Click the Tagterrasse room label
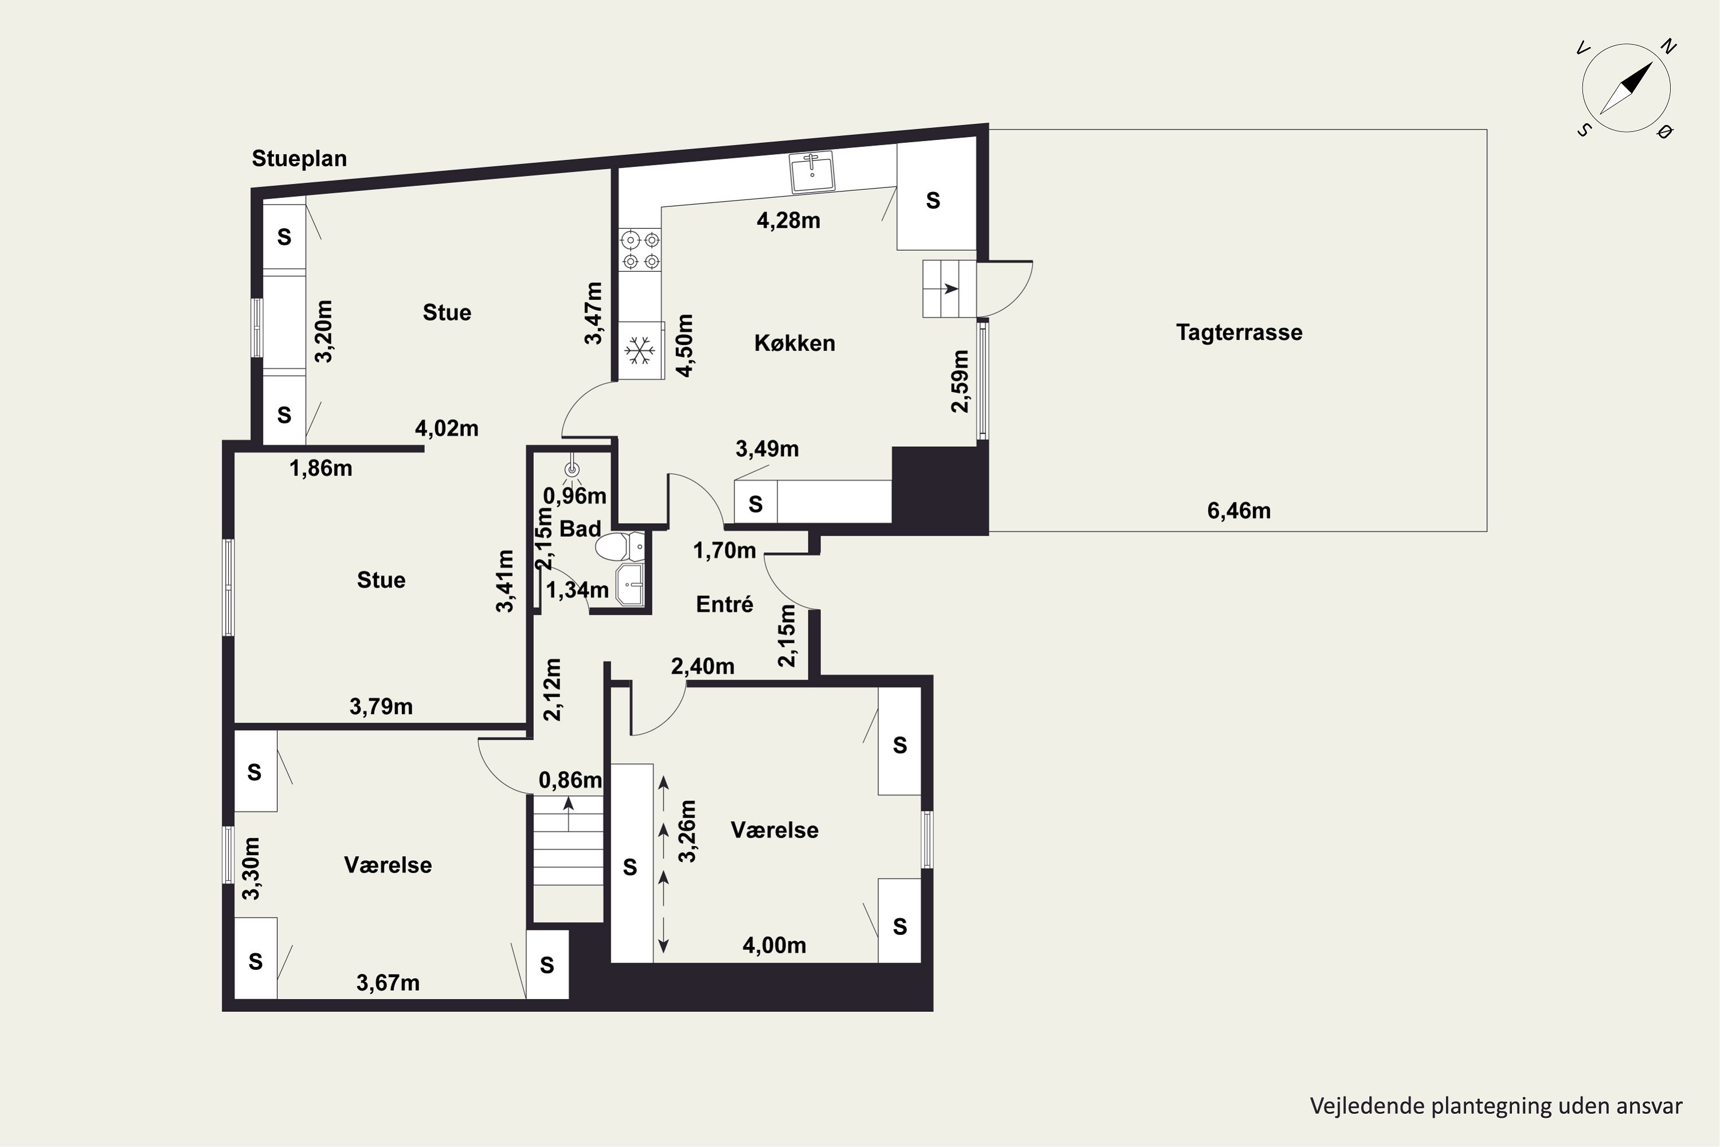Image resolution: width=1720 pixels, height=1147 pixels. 1239,333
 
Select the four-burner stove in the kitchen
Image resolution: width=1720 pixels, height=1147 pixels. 640,249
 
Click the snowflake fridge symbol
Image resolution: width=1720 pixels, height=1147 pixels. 639,351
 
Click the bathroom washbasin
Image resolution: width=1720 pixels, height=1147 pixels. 630,584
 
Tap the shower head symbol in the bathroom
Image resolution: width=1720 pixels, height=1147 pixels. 572,471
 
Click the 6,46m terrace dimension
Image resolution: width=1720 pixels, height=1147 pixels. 1239,510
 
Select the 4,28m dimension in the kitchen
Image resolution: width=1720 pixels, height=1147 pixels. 788,220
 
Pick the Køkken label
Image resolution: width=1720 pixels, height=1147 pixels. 794,343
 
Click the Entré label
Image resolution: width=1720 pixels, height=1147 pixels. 724,604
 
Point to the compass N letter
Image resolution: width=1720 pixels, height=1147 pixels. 1668,47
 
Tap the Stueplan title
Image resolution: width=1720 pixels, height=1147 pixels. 299,159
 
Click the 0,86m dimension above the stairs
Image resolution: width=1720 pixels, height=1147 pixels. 570,781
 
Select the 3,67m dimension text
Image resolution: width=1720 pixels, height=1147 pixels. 388,983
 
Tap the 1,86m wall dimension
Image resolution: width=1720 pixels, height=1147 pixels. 320,468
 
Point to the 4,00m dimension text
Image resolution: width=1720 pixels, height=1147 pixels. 775,946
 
